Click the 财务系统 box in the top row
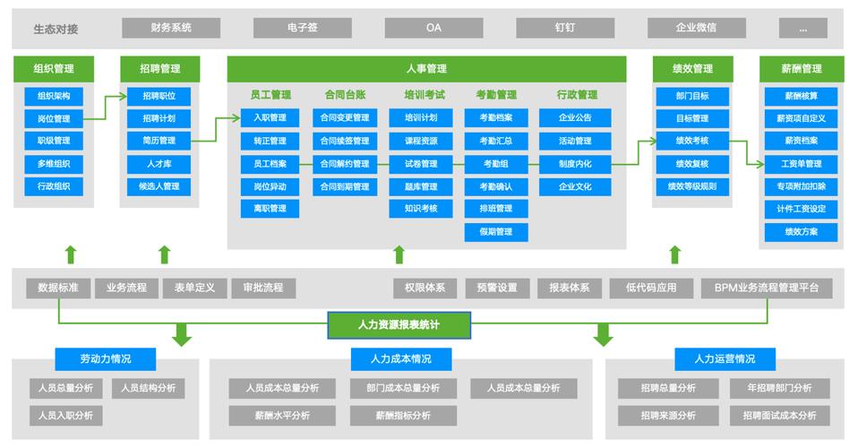point(171,28)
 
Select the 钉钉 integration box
point(564,28)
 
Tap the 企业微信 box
point(696,28)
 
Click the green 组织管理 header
point(54,69)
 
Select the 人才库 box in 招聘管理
point(159,164)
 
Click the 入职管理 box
point(270,117)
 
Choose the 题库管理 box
point(421,186)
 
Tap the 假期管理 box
point(496,232)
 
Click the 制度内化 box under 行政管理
point(574,164)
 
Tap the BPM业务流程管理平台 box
point(767,288)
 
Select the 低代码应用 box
point(651,288)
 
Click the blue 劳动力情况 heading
point(106,359)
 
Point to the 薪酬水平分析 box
point(281,416)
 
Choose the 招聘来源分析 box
point(667,416)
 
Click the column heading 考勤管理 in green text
point(496,94)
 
